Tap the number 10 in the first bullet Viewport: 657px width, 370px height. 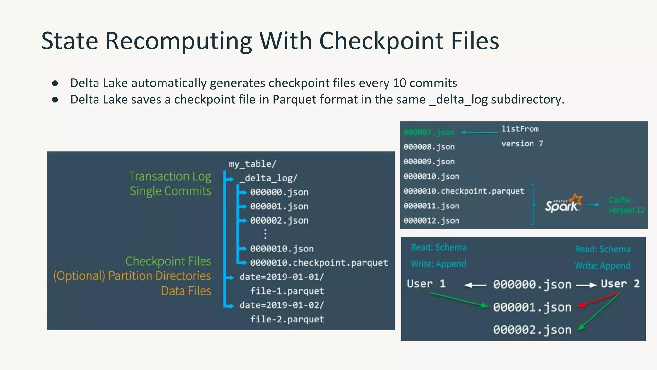(399, 83)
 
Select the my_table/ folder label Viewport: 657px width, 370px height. (252, 164)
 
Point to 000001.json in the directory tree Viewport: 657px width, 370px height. (279, 206)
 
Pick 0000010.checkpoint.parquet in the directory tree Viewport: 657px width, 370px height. (319, 263)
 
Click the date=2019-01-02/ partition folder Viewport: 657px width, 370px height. (282, 305)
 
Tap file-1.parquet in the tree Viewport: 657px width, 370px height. (287, 291)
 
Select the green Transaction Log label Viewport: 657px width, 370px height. (170, 176)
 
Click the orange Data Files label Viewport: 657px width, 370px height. (186, 291)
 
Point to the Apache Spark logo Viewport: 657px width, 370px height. (563, 204)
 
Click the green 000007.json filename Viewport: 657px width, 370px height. (429, 132)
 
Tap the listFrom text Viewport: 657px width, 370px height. (520, 129)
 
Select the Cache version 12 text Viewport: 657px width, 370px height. (626, 205)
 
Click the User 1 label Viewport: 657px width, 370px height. (426, 284)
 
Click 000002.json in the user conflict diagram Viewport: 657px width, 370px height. (532, 330)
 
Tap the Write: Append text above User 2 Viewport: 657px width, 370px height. (602, 266)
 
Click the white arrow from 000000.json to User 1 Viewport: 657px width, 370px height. (475, 285)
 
